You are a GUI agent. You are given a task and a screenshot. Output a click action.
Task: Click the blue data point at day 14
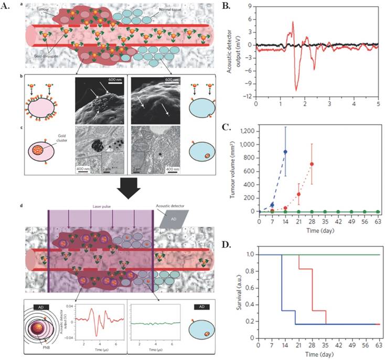[x=285, y=152]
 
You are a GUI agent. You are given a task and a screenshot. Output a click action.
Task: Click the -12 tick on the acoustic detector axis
[x=249, y=97]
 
